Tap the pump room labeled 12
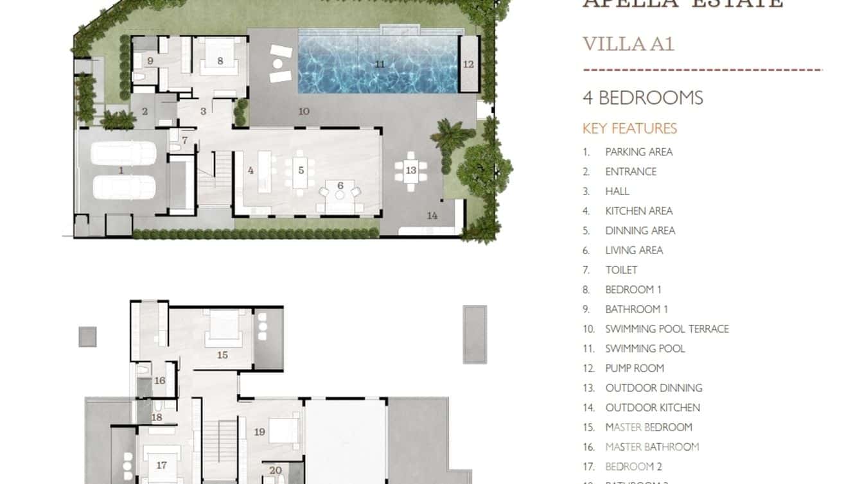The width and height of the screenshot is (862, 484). pyautogui.click(x=468, y=64)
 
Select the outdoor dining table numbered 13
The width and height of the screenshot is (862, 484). pyautogui.click(x=410, y=171)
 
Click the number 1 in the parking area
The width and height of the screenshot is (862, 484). pyautogui.click(x=121, y=170)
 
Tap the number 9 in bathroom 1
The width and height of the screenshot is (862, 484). pyautogui.click(x=150, y=61)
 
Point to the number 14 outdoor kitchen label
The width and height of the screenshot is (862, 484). pyautogui.click(x=432, y=216)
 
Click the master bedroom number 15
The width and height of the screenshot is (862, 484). pyautogui.click(x=222, y=354)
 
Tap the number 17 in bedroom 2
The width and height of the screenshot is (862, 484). pyautogui.click(x=161, y=465)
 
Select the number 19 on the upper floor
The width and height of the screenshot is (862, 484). pyautogui.click(x=259, y=432)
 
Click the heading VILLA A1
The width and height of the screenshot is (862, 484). pyautogui.click(x=628, y=44)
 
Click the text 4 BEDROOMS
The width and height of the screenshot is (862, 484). pyautogui.click(x=642, y=98)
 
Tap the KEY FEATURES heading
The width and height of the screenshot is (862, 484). pyautogui.click(x=629, y=128)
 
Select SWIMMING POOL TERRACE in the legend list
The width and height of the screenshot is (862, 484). pyautogui.click(x=667, y=329)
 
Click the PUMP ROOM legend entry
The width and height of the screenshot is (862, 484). pyautogui.click(x=635, y=368)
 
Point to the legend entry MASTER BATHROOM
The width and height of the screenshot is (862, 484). pyautogui.click(x=652, y=447)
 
